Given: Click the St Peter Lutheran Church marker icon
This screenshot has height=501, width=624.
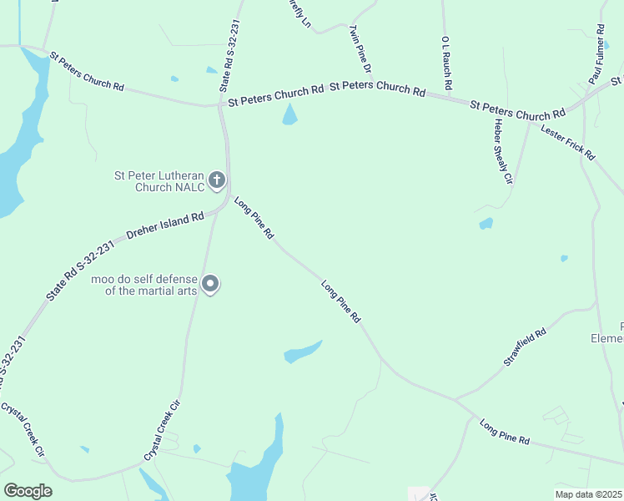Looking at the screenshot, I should pyautogui.click(x=217, y=180).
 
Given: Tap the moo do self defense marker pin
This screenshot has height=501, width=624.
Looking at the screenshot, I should pyautogui.click(x=211, y=285).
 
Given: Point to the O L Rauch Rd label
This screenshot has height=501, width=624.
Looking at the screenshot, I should pyautogui.click(x=447, y=63).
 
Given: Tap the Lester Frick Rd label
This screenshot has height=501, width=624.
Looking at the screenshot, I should pyautogui.click(x=568, y=142).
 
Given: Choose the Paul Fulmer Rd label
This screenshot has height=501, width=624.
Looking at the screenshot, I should pyautogui.click(x=597, y=53).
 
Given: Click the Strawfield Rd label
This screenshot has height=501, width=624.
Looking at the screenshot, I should pyautogui.click(x=525, y=347).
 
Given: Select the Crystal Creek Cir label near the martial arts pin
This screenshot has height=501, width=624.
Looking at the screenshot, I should pyautogui.click(x=163, y=430).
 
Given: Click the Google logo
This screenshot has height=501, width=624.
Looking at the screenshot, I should pyautogui.click(x=28, y=491).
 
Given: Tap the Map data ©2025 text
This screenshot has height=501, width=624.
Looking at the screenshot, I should pyautogui.click(x=588, y=494).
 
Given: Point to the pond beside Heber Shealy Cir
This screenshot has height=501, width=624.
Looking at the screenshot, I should pyautogui.click(x=486, y=224).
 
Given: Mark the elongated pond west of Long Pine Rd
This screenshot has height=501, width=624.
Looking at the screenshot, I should pyautogui.click(x=302, y=351).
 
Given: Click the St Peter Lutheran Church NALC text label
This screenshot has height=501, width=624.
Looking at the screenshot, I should pyautogui.click(x=159, y=181).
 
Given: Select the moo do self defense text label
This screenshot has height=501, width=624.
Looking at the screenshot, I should pyautogui.click(x=145, y=285).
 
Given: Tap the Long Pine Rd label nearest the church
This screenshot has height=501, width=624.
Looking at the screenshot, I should pyautogui.click(x=254, y=219).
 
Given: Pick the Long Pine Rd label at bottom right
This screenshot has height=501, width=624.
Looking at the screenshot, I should pyautogui.click(x=505, y=432).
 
